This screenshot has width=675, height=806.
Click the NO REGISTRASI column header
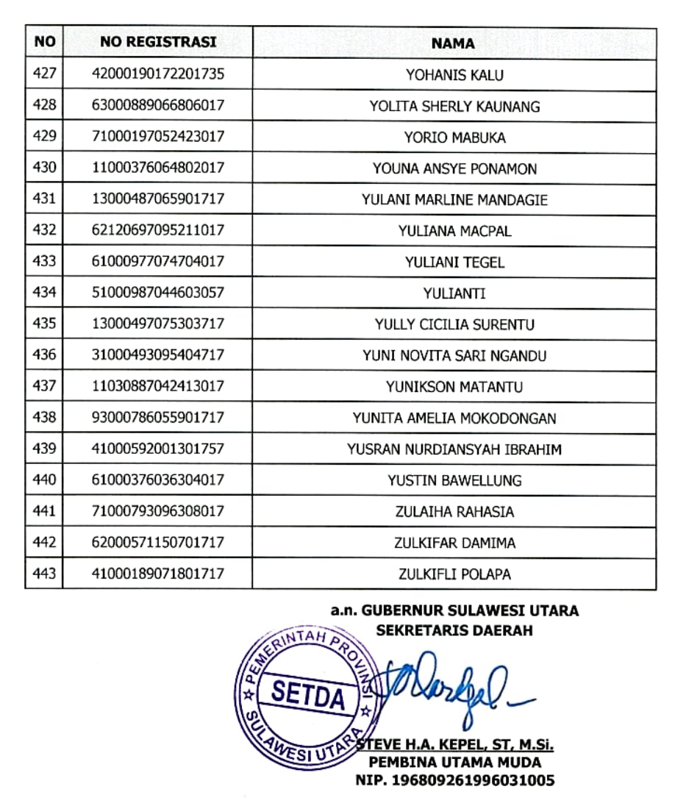tap(158, 42)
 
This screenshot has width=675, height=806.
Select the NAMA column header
tap(453, 43)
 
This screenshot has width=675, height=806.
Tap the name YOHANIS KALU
tap(454, 75)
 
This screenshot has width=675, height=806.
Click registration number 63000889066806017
tap(158, 106)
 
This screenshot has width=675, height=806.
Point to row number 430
tap(44, 168)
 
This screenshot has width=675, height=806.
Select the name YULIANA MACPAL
tap(454, 231)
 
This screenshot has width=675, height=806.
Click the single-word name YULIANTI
tap(454, 293)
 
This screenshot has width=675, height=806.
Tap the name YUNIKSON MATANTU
tap(454, 387)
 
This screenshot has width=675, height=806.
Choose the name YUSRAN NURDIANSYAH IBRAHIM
tap(454, 449)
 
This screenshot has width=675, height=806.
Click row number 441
tap(44, 511)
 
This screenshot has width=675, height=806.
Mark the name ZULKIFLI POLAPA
tap(454, 574)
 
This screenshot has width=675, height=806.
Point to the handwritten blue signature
tap(441, 680)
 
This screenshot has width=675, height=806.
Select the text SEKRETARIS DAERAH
tap(454, 630)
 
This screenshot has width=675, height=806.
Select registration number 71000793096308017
tap(158, 511)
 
